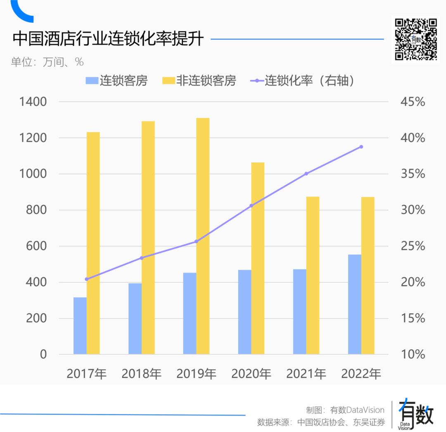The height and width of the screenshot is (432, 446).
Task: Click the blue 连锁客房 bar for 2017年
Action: click(80, 326)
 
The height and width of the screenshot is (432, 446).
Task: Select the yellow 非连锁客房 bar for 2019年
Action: click(203, 236)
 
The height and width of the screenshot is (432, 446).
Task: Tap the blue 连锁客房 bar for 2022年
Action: click(354, 304)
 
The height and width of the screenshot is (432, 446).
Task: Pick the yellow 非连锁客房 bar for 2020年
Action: click(258, 258)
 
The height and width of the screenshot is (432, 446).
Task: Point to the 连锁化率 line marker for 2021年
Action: click(306, 174)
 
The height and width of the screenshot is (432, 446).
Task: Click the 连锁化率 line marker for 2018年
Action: click(142, 258)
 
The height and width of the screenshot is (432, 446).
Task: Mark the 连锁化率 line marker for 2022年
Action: click(361, 147)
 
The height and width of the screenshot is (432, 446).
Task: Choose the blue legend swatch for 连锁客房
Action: click(91, 81)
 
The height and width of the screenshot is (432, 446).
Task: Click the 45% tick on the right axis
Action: click(412, 102)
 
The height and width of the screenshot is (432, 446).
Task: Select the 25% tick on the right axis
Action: click(412, 246)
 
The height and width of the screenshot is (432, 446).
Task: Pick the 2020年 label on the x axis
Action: click(251, 374)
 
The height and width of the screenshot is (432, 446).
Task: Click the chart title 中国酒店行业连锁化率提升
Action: click(108, 39)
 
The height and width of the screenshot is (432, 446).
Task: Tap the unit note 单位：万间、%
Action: click(47, 62)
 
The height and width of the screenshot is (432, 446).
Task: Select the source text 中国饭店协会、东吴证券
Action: click(341, 422)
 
